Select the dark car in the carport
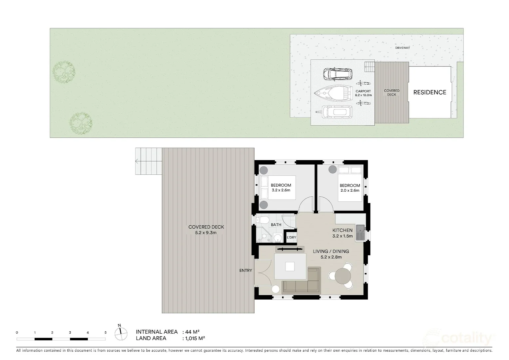tap(337, 74)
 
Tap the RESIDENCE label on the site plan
tap(429, 92)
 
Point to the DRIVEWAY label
tap(402, 48)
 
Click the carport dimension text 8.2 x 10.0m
tap(363, 95)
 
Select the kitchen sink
tap(360, 232)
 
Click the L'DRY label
tap(291, 237)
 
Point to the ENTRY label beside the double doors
tap(246, 270)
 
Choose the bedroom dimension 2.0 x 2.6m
tap(350, 191)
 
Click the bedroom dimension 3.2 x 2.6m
tap(281, 190)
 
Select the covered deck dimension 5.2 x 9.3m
tap(206, 233)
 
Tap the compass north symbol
tap(121, 332)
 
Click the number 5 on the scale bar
tap(106, 332)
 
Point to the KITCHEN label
tap(342, 230)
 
